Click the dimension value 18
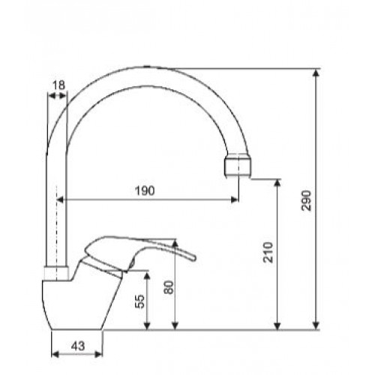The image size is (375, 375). pos(58,85)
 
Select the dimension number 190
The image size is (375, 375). pos(145,191)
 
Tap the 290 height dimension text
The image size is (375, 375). pos(307,201)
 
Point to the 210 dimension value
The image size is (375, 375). pos(268,253)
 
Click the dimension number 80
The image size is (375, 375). pos(169,288)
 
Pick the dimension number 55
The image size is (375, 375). pos(141,301)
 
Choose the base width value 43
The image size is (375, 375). pos(78,346)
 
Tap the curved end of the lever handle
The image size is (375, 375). pos(193,257)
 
